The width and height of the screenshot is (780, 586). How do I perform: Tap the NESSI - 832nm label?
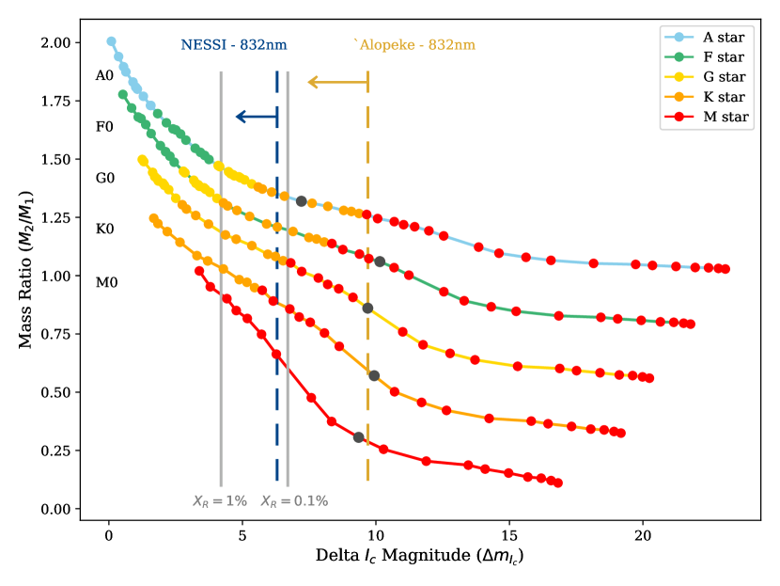(234, 45)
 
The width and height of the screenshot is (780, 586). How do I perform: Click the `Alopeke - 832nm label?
(414, 45)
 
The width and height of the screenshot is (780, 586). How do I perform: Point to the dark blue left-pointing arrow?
(256, 117)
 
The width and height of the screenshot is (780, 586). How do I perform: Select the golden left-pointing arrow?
(337, 83)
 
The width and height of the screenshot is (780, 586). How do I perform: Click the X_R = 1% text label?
(220, 501)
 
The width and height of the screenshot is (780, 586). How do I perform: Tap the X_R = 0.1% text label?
(294, 501)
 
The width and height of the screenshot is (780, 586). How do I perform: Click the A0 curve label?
(104, 75)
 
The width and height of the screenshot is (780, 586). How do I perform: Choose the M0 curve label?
(104, 280)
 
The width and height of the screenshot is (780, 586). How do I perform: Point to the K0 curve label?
(104, 229)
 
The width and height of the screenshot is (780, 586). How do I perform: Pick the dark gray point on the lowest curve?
(358, 437)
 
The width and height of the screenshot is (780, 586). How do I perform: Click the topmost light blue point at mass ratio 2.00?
(111, 41)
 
